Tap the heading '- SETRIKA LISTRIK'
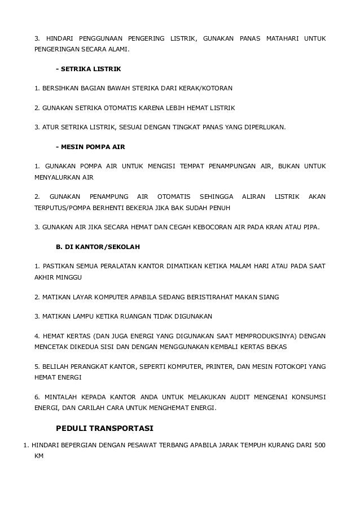89,69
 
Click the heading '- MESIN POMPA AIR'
90,146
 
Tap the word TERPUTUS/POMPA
64,207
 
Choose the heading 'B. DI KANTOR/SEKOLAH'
98,247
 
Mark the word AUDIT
229,396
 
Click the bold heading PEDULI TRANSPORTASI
104,428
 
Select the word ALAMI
116,49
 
